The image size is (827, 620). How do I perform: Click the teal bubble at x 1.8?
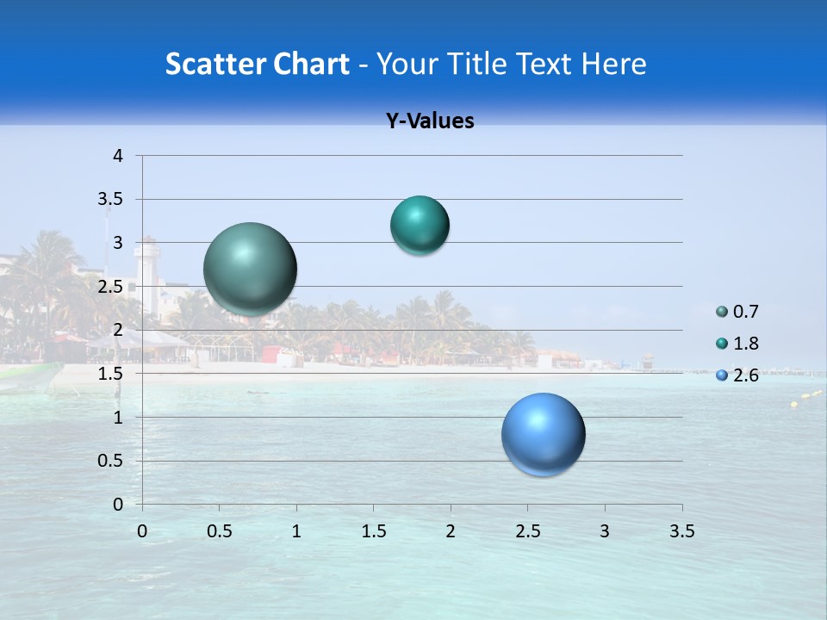(420, 226)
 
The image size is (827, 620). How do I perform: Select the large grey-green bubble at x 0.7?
(251, 269)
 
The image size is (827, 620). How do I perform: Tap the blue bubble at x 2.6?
(544, 434)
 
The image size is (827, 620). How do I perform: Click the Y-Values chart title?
(429, 121)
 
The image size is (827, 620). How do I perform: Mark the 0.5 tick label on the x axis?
(220, 531)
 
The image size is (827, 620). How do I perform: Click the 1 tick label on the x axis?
(296, 531)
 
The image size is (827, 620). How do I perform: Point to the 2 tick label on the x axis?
(451, 531)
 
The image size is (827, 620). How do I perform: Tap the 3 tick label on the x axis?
(605, 531)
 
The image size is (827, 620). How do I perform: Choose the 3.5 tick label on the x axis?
(681, 531)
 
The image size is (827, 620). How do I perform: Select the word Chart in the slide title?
(310, 64)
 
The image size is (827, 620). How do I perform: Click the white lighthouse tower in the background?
(150, 276)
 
